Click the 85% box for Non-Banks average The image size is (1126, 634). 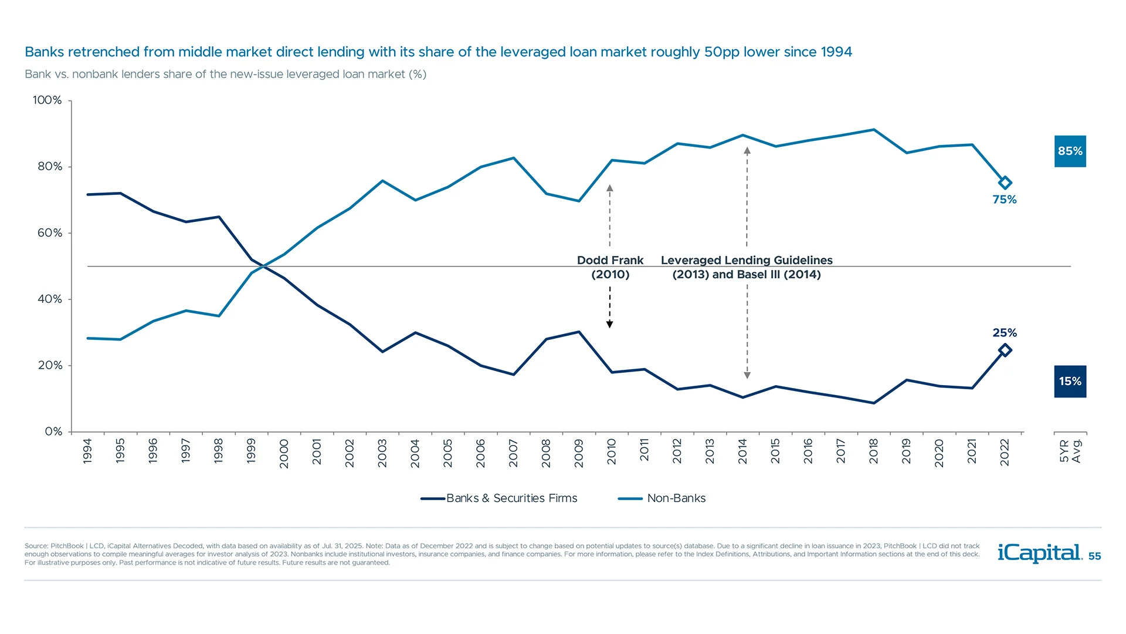pyautogui.click(x=1070, y=151)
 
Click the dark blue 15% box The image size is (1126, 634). pyautogui.click(x=1070, y=382)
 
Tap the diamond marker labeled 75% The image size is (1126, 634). pyautogui.click(x=1005, y=183)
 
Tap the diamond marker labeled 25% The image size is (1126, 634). pyautogui.click(x=1005, y=350)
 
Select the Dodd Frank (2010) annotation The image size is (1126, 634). pyautogui.click(x=610, y=267)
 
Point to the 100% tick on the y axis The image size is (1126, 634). pyautogui.click(x=47, y=100)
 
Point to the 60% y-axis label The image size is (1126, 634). pyautogui.click(x=49, y=233)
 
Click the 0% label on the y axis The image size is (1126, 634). pyautogui.click(x=53, y=431)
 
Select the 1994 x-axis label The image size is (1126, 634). pyautogui.click(x=87, y=451)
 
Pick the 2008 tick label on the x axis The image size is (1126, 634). pyautogui.click(x=546, y=453)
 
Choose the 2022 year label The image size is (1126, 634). pyautogui.click(x=1005, y=453)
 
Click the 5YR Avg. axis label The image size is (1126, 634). pyautogui.click(x=1070, y=451)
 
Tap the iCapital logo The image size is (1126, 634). pyautogui.click(x=1039, y=554)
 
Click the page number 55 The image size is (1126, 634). pyautogui.click(x=1094, y=557)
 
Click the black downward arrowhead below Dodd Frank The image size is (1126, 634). pyautogui.click(x=610, y=324)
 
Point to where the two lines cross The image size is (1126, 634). pyautogui.click(x=264, y=267)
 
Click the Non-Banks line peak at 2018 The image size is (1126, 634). pyautogui.click(x=874, y=130)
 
